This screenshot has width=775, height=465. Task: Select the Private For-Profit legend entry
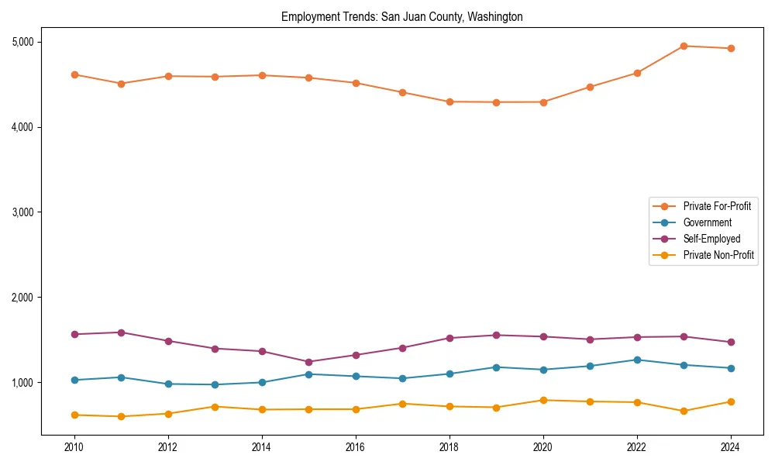pyautogui.click(x=716, y=206)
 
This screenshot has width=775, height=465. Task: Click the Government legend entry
pyautogui.click(x=707, y=222)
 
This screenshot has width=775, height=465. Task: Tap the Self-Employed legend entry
pyautogui.click(x=711, y=239)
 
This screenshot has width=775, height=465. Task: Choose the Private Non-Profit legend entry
pyautogui.click(x=718, y=255)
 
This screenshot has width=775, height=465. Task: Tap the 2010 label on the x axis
pyautogui.click(x=74, y=447)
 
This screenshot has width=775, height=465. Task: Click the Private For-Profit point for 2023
pyautogui.click(x=684, y=46)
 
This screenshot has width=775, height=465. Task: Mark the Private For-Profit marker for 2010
pyautogui.click(x=74, y=74)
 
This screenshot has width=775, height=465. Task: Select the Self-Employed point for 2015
pyautogui.click(x=308, y=362)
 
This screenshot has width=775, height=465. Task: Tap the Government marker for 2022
pyautogui.click(x=637, y=360)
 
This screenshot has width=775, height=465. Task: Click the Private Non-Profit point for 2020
pyautogui.click(x=543, y=400)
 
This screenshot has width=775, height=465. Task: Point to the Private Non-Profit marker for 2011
pyautogui.click(x=122, y=416)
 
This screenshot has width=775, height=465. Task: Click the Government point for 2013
pyautogui.click(x=215, y=384)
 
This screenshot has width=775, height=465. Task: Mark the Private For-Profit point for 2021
pyautogui.click(x=590, y=87)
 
